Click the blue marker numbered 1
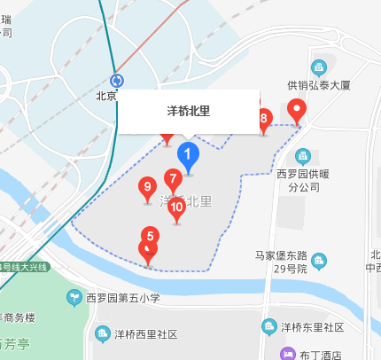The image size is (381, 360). click(x=187, y=154)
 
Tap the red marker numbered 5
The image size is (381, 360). click(x=150, y=237)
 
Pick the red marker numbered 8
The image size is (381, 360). click(x=263, y=119)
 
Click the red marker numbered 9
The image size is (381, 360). click(x=147, y=188)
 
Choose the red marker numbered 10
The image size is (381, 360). click(x=176, y=208)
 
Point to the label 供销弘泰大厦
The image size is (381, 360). click(x=320, y=86)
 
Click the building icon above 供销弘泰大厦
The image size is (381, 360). click(x=319, y=67)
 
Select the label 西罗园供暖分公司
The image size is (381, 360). click(x=305, y=181)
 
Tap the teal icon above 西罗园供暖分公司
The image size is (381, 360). click(x=304, y=156)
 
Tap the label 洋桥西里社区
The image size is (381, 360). click(x=145, y=334)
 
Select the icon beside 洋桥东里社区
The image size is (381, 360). click(x=268, y=328)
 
